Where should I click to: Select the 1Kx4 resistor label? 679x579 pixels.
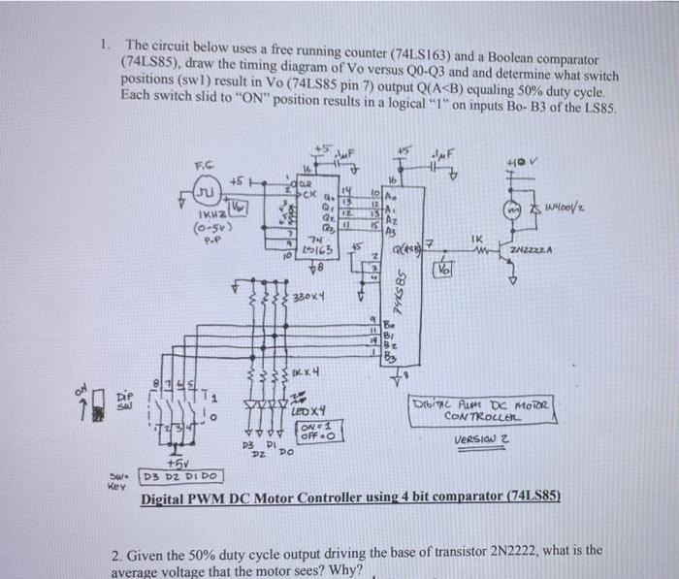click(308, 371)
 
